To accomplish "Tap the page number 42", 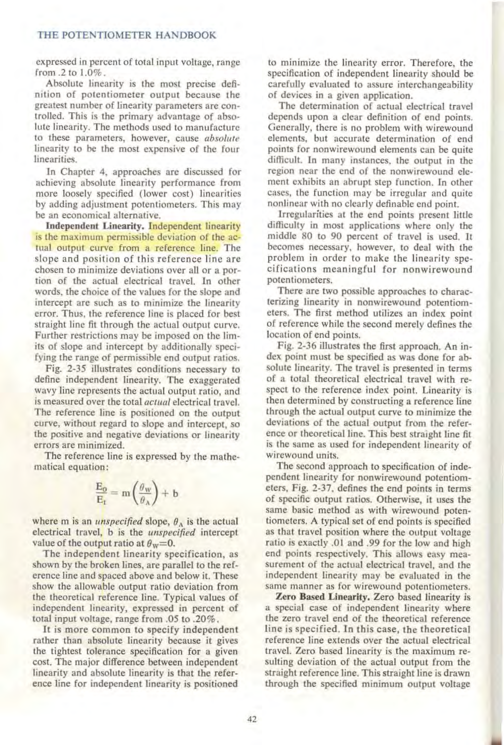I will point(252,719).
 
